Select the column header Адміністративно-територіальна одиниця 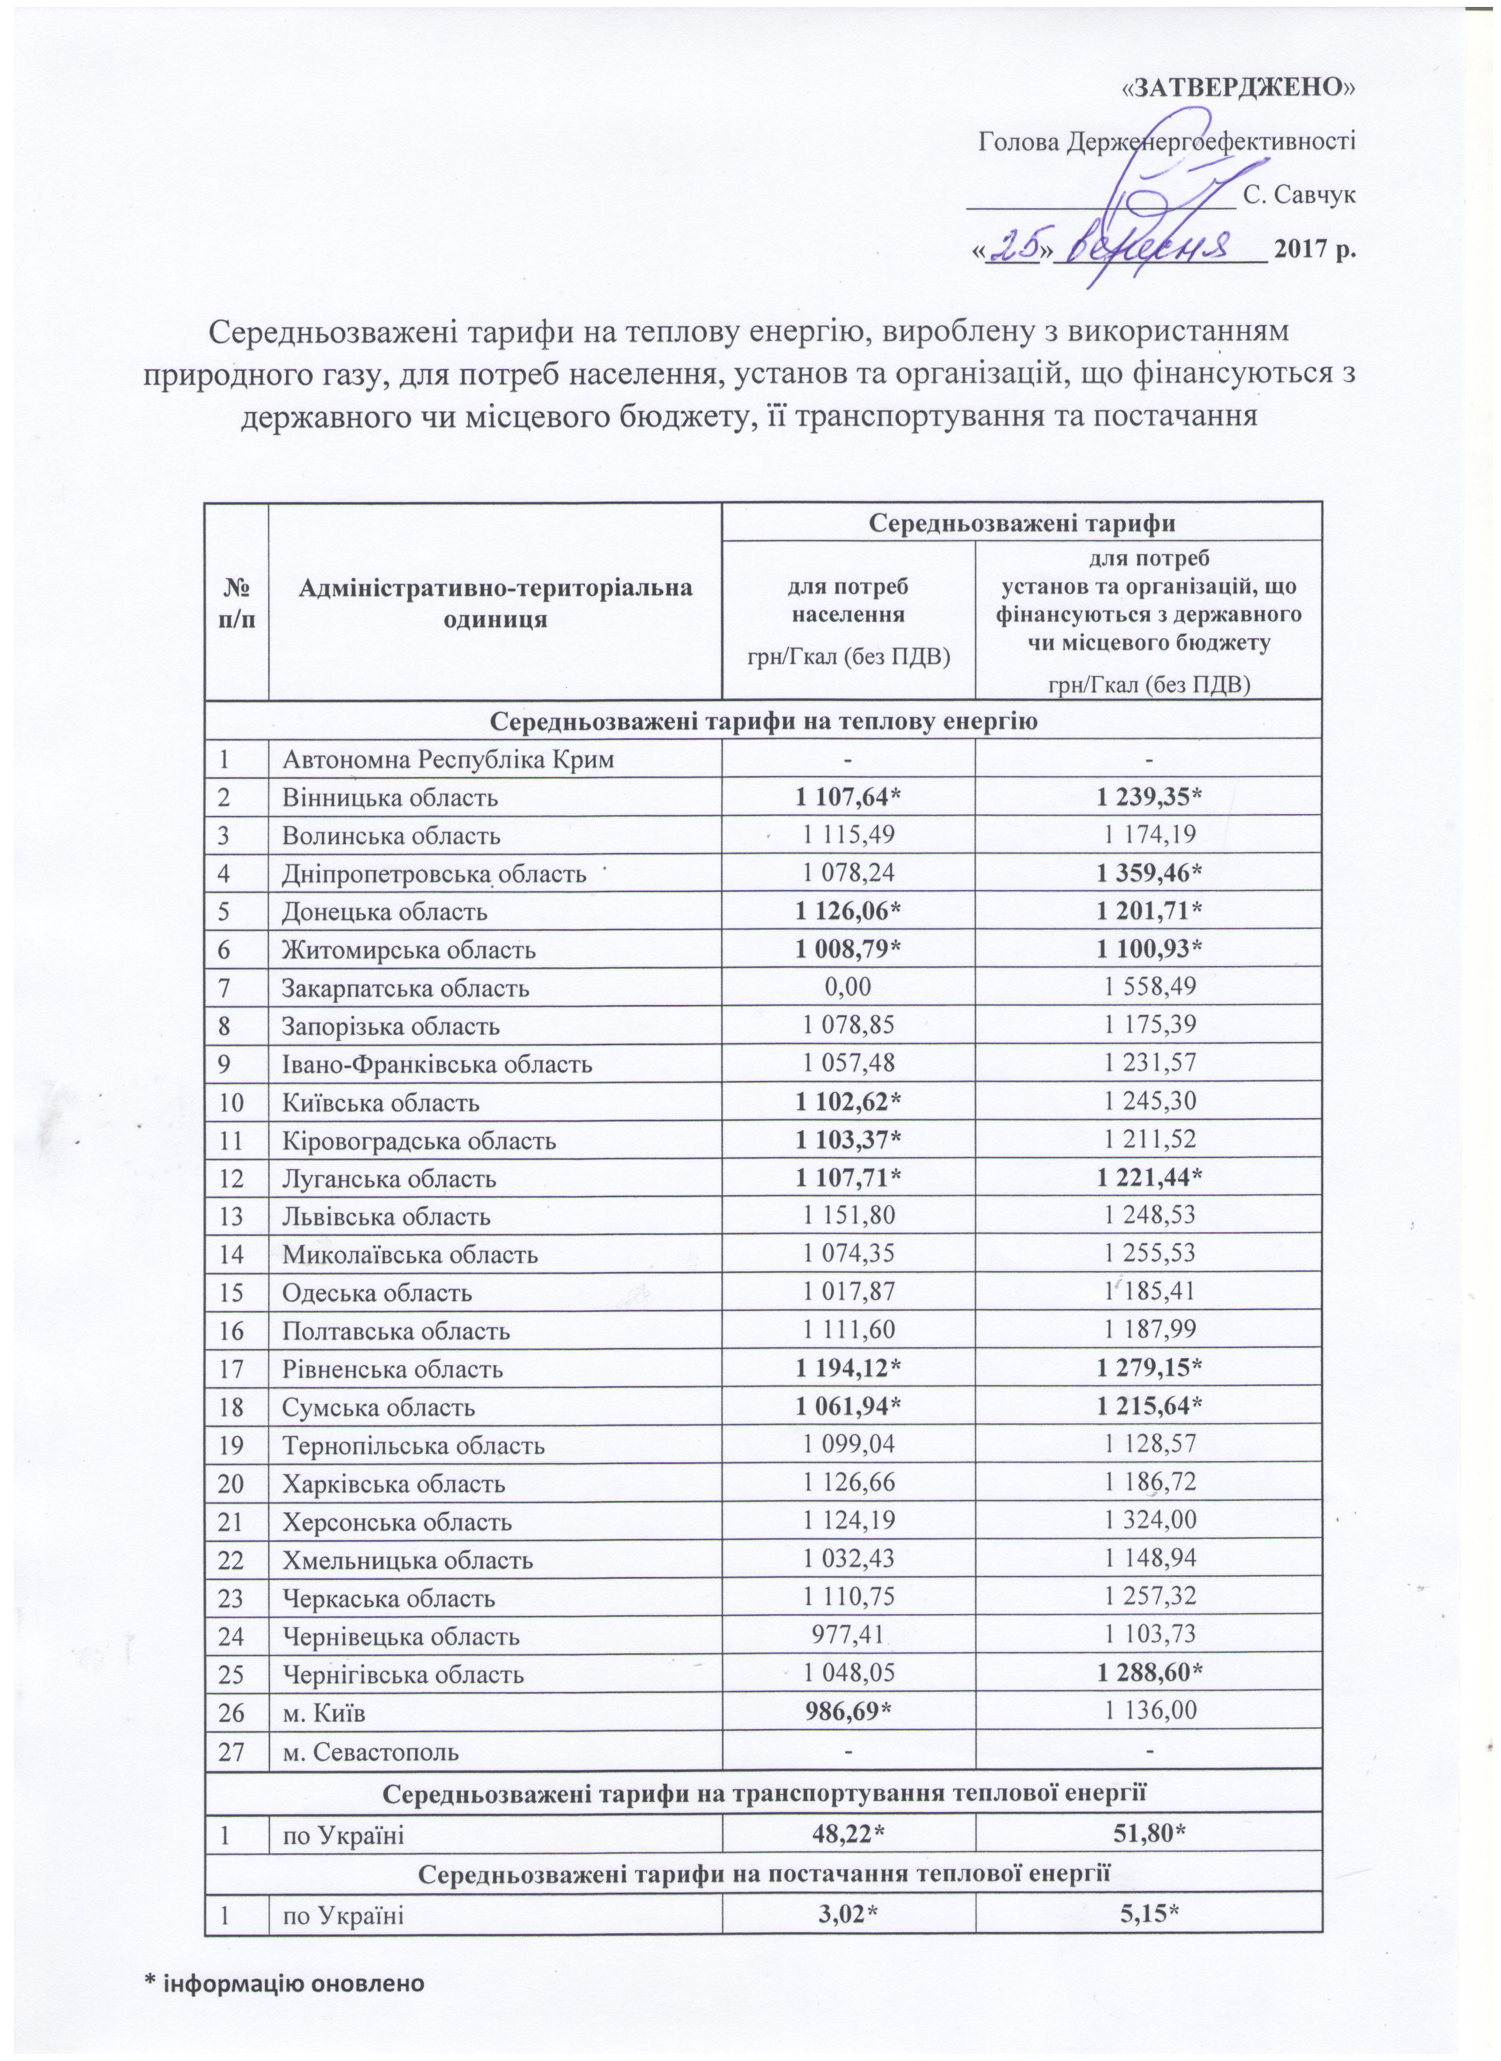(495, 603)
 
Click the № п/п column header (236, 603)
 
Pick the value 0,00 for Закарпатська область (849, 988)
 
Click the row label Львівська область (386, 1217)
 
